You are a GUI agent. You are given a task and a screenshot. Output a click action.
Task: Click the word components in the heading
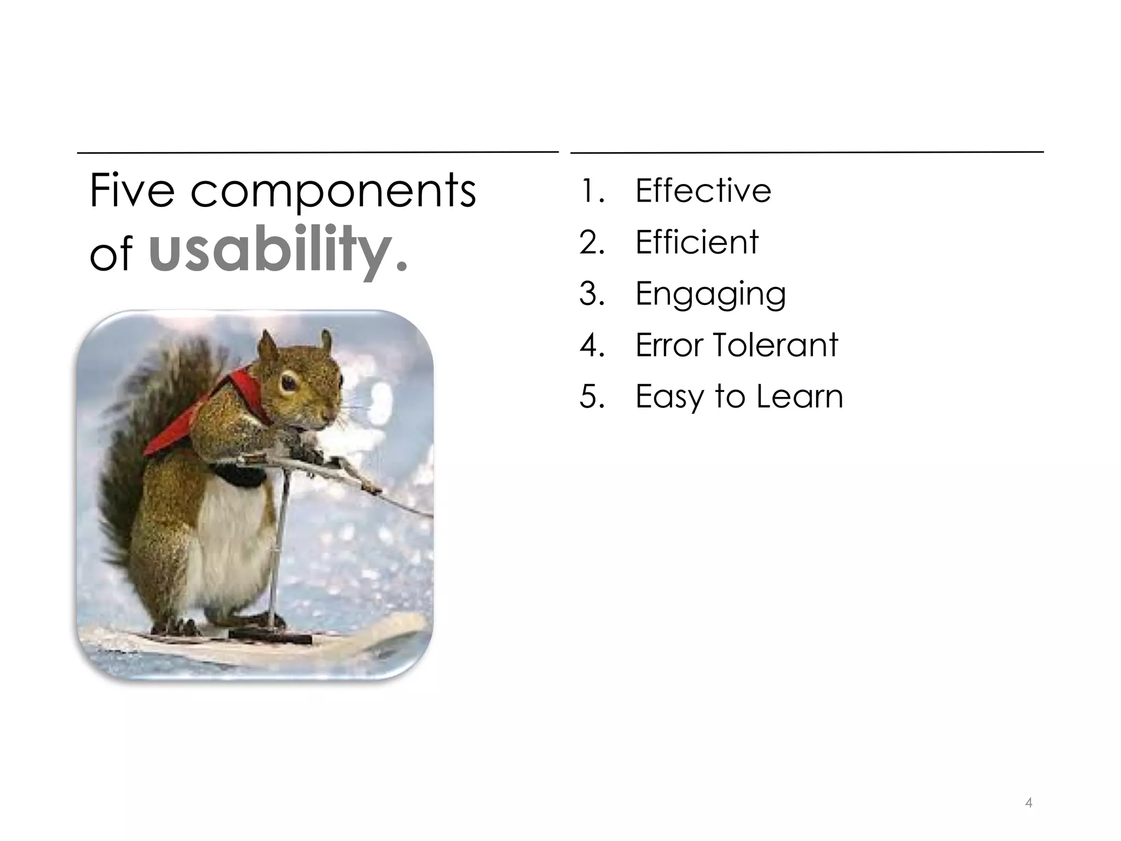tap(333, 192)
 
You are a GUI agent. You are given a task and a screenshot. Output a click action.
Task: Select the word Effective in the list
tap(703, 191)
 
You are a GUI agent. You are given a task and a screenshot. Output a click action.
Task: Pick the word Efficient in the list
tap(696, 242)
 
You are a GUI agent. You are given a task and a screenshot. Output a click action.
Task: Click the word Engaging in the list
tap(710, 295)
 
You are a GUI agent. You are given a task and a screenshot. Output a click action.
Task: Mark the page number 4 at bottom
tap(1028, 803)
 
